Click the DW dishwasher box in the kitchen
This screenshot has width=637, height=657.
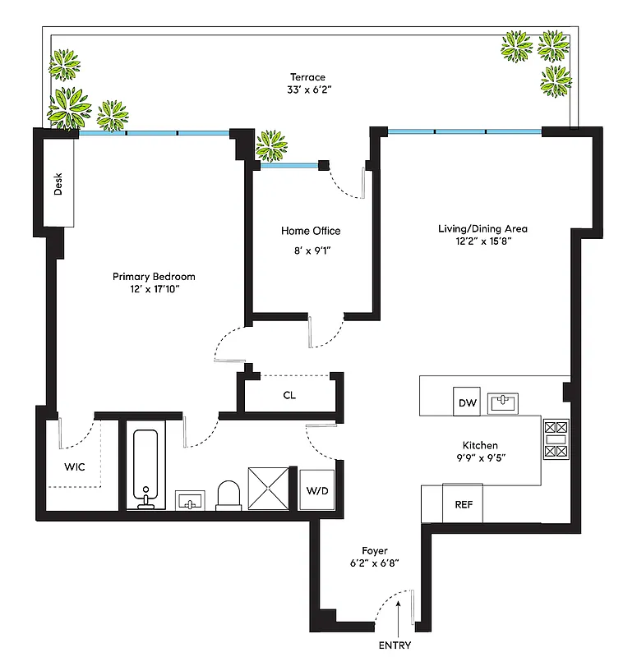click(468, 402)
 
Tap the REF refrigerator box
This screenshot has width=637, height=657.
click(463, 503)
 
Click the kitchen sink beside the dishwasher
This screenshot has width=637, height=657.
click(502, 402)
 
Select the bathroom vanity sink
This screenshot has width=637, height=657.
click(192, 500)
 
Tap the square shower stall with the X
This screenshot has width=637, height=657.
click(270, 489)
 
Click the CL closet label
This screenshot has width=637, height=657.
click(289, 395)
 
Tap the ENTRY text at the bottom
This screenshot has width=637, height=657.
click(395, 645)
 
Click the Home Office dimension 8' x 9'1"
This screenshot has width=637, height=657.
click(311, 251)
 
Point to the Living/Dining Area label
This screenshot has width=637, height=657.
click(482, 229)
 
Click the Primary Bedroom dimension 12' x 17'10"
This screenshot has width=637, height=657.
click(154, 290)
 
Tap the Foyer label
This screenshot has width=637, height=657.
click(374, 550)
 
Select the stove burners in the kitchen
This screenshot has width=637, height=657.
click(556, 439)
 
